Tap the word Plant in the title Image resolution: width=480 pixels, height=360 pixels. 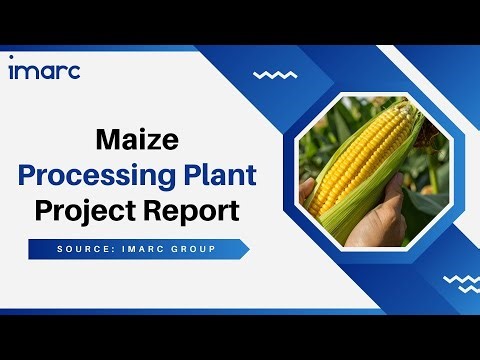[x=217, y=175]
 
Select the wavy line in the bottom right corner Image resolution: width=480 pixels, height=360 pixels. [x=459, y=281]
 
